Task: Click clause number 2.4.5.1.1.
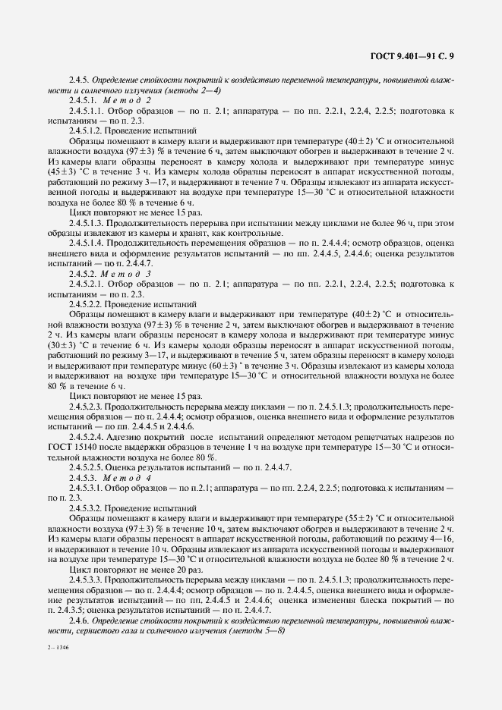click(x=89, y=111)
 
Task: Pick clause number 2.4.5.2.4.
click(x=89, y=438)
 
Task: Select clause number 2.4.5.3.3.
click(x=89, y=577)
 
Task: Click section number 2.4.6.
click(x=80, y=620)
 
